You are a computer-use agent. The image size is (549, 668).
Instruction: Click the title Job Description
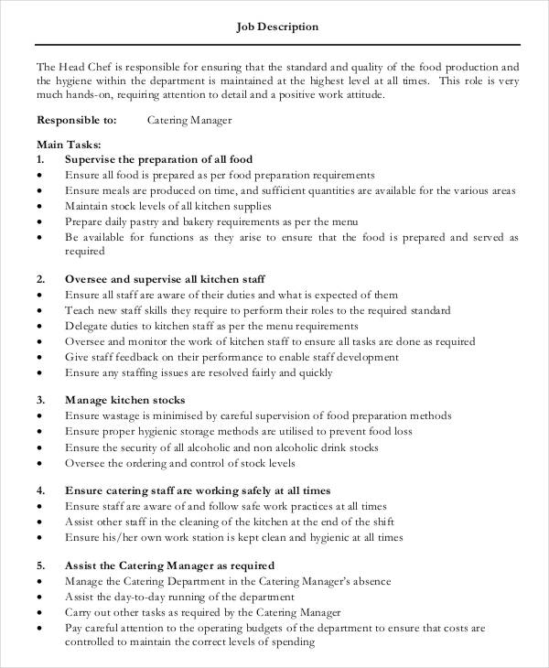(x=277, y=27)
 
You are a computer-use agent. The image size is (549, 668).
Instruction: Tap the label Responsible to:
(x=76, y=119)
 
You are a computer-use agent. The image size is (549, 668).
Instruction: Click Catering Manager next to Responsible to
(x=189, y=119)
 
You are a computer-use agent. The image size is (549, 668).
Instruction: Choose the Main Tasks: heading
(x=69, y=145)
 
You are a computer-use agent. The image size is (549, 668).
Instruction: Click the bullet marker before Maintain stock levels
(x=39, y=206)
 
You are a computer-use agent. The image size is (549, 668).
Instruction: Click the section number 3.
(x=40, y=400)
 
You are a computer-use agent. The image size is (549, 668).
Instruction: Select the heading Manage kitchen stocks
(x=125, y=400)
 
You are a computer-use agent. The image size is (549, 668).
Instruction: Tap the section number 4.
(x=40, y=490)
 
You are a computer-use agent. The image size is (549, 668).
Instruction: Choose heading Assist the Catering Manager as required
(x=169, y=566)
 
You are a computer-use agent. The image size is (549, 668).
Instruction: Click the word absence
(x=369, y=581)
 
